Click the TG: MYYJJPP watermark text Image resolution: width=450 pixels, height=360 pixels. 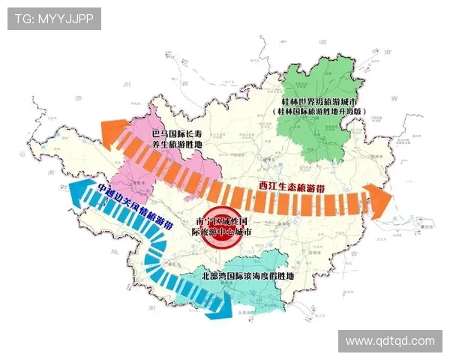[x=54, y=19]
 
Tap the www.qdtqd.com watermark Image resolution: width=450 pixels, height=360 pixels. [x=390, y=340]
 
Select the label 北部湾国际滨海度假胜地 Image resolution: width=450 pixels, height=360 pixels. [x=247, y=276]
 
